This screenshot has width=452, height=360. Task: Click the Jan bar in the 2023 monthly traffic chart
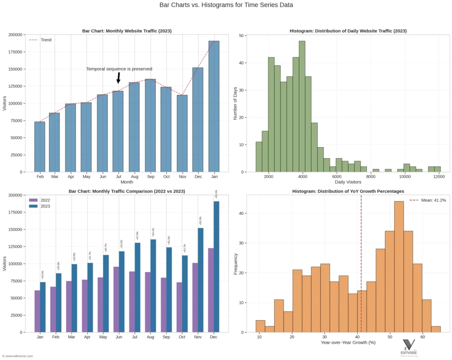coord(214,106)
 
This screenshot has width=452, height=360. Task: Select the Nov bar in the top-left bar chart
coord(182,133)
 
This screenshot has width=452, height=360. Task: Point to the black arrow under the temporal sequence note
coord(118,78)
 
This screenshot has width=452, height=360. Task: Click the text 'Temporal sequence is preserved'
coord(119,69)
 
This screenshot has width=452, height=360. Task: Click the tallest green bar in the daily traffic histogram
coord(302,106)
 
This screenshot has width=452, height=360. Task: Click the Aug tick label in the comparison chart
coord(151,337)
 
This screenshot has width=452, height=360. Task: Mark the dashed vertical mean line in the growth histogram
coord(361,265)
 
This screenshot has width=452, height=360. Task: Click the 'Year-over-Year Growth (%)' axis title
coord(348,343)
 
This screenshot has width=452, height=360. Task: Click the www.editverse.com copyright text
coord(18,356)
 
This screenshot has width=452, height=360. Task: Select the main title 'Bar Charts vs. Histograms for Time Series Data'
coord(226,5)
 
